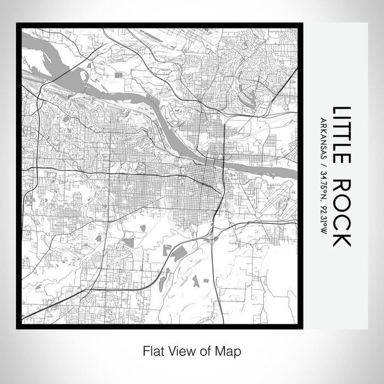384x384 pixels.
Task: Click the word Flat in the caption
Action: (x=154, y=351)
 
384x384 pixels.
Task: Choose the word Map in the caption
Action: (x=230, y=351)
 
